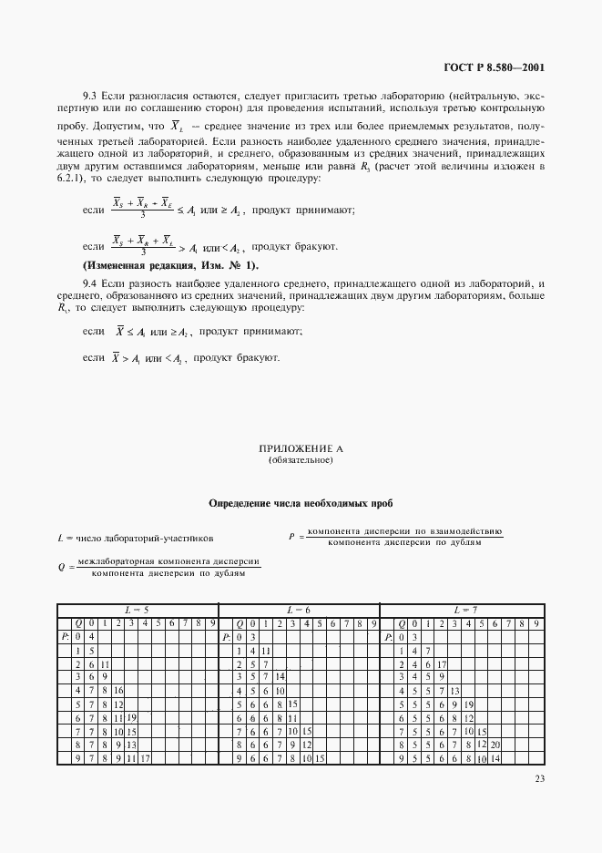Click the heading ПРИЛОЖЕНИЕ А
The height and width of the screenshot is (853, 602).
tap(301, 449)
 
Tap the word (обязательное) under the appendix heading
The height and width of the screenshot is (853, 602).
tap(301, 460)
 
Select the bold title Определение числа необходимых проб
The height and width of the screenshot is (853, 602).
tap(301, 502)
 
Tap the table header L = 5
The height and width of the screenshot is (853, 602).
tap(138, 609)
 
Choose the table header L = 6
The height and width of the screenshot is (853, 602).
tap(300, 609)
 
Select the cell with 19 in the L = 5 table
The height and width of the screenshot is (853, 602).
tap(130, 718)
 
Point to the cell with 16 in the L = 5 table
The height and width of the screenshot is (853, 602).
tap(117, 691)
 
